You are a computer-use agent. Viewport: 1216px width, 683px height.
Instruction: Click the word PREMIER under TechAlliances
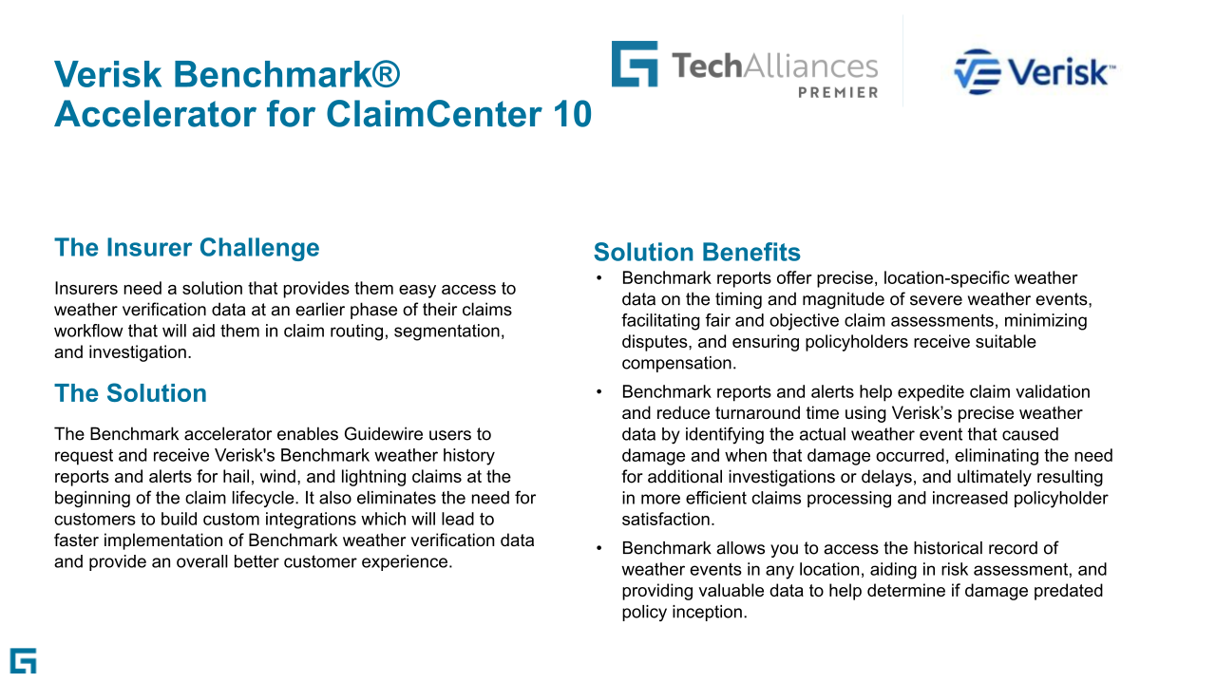point(837,92)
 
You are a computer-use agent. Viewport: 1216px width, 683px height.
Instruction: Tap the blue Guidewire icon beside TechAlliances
point(635,64)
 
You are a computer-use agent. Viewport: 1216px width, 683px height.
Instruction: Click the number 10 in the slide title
point(571,115)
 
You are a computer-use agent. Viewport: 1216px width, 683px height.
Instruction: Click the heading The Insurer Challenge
point(187,248)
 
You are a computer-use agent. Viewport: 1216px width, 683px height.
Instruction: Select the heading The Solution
point(130,394)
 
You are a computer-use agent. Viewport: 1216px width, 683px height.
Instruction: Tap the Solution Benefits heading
point(696,253)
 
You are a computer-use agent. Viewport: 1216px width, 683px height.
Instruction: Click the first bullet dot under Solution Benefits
point(598,278)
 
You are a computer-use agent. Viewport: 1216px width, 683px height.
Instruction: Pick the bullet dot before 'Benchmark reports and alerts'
point(598,392)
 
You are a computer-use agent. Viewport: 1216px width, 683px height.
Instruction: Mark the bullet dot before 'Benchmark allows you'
point(598,548)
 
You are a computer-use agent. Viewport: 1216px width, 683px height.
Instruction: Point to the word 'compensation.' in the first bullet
point(679,363)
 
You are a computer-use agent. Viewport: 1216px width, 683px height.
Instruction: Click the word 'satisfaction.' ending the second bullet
point(668,520)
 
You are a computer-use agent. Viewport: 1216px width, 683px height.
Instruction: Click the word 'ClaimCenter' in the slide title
point(432,115)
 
